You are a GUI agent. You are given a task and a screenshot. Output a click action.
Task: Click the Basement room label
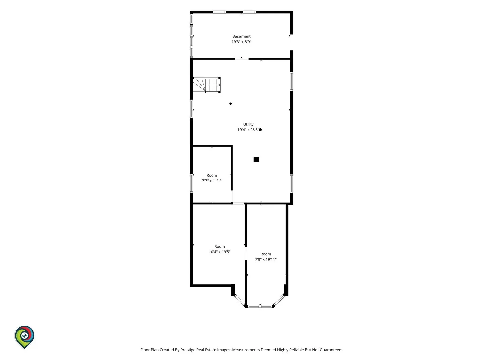coord(241,36)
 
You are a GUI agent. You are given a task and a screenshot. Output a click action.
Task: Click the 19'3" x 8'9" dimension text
coord(241,42)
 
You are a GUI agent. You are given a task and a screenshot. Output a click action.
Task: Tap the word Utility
coord(248,124)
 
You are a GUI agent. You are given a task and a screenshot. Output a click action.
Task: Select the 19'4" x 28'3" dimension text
coord(248,130)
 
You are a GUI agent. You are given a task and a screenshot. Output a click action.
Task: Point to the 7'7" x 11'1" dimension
coord(212,181)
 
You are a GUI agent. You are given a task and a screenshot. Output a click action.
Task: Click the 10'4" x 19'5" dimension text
coord(220,252)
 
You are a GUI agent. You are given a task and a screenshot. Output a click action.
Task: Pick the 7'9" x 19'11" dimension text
coord(266,259)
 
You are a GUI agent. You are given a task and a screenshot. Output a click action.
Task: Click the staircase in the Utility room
coord(207,85)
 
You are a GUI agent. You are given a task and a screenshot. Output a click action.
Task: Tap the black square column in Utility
coord(256,159)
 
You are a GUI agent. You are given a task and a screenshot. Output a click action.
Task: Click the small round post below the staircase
coord(231,104)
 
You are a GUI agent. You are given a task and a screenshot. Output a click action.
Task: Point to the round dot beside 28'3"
coord(260,130)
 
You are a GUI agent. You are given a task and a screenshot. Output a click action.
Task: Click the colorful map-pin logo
coord(24,337)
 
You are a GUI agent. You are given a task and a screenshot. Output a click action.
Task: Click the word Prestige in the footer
coord(188,350)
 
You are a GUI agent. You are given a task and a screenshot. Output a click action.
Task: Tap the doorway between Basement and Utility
coord(241,59)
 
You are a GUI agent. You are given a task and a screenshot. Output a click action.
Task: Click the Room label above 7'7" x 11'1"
coord(212,175)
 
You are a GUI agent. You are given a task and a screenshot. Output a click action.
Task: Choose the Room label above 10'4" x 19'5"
coord(220,247)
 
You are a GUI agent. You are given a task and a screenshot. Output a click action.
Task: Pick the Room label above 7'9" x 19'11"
coord(266,254)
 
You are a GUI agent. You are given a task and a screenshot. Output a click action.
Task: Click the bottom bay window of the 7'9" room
coord(260,306)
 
